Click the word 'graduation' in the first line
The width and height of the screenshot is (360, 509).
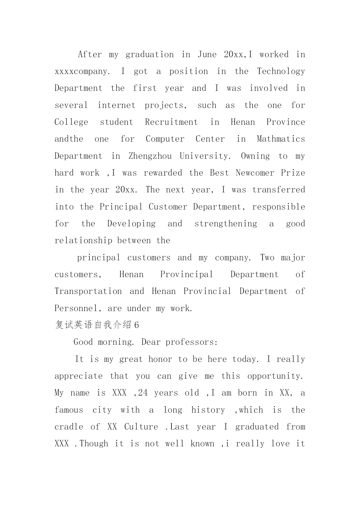point(150,55)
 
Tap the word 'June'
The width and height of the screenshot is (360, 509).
point(207,55)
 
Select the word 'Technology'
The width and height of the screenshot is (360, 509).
point(281,72)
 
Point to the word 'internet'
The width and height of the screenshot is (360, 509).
point(116,105)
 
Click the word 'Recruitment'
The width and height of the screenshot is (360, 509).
point(171,122)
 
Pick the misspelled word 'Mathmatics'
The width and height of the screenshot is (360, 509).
point(281,139)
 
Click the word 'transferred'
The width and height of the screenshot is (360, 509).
point(278,190)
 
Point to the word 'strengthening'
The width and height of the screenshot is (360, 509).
point(226,224)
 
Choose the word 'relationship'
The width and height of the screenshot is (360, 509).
point(83,241)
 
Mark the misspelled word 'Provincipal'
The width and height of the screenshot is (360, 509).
point(187,275)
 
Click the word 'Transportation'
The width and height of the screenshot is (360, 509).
point(88,291)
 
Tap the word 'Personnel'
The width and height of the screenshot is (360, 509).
point(76,308)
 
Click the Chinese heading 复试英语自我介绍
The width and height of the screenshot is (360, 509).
point(93,325)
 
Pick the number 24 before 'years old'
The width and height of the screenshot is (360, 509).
point(143,393)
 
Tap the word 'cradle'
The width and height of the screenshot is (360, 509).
point(69,427)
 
